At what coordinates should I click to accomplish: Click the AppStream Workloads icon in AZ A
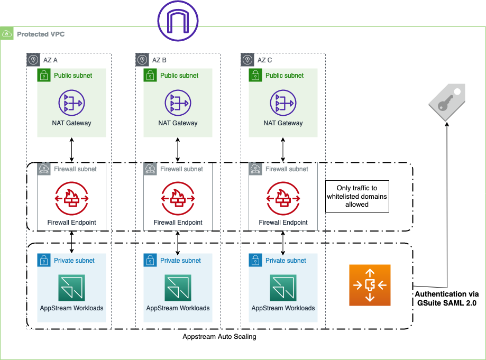[72, 288]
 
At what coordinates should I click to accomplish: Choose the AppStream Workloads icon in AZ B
[178, 288]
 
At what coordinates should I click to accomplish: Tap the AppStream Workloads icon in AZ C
[283, 288]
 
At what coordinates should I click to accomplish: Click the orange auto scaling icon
[370, 285]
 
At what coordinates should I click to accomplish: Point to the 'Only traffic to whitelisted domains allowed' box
[357, 196]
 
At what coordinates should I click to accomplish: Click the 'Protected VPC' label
[41, 34]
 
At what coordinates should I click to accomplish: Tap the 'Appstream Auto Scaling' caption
[219, 337]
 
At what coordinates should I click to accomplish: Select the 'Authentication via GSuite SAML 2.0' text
[447, 298]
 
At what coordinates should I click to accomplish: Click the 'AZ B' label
[159, 60]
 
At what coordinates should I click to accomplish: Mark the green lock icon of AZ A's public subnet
[44, 76]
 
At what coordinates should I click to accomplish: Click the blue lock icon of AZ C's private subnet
[255, 261]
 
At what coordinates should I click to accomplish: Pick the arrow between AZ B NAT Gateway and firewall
[177, 150]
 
